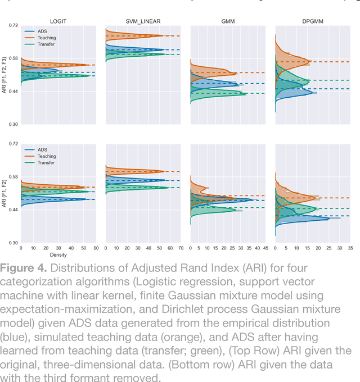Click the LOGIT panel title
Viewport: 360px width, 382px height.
[x=58, y=21]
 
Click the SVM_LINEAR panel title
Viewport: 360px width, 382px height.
[x=143, y=21]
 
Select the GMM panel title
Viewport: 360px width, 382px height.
[x=228, y=21]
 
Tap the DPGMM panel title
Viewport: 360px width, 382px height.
[x=312, y=21]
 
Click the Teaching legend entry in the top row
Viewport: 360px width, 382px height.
[x=47, y=38]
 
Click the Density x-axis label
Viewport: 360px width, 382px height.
[x=58, y=254]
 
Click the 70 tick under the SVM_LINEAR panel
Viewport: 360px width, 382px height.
[x=181, y=248]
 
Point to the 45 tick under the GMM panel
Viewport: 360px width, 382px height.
[x=265, y=248]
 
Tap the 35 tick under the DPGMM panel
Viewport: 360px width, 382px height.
[x=350, y=248]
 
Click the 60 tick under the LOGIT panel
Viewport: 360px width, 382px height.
[x=96, y=248]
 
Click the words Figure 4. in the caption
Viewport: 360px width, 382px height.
[x=25, y=267]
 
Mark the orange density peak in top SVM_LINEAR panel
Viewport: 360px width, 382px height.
[x=163, y=36]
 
